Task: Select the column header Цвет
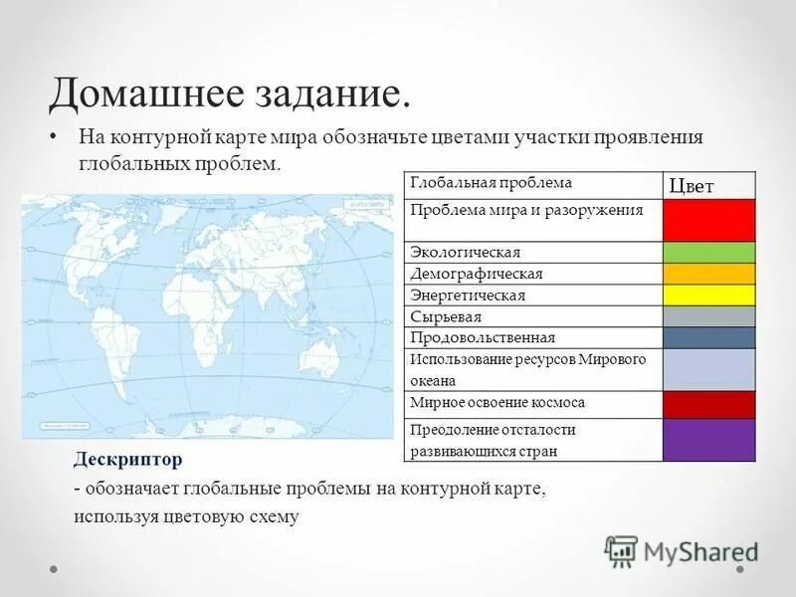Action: [x=692, y=185]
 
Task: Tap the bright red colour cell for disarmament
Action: [x=709, y=220]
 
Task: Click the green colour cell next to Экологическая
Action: [x=709, y=252]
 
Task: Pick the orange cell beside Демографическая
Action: [x=709, y=274]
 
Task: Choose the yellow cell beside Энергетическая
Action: [x=709, y=295]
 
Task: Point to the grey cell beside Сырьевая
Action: [x=709, y=316]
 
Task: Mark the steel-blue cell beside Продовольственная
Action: [x=709, y=337]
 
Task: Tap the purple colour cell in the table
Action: [x=709, y=440]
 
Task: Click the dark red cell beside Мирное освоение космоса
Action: [x=709, y=404]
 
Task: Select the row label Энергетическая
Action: [x=467, y=296]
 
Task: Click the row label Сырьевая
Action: [x=446, y=316]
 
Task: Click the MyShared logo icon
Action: [x=622, y=550]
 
